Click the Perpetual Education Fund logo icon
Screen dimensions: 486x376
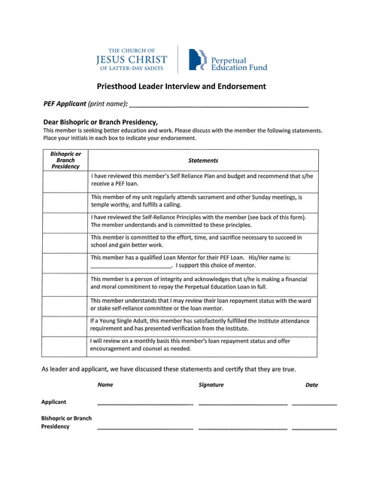click(x=197, y=60)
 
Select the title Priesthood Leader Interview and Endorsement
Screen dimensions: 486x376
click(x=181, y=87)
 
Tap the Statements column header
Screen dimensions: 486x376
click(x=203, y=160)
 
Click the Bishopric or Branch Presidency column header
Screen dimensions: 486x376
click(x=65, y=160)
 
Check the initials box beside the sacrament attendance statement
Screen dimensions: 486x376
click(x=65, y=201)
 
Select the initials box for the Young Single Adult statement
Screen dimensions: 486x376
click(x=65, y=325)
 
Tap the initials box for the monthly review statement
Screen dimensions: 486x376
click(x=65, y=345)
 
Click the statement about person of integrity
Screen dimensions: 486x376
click(x=199, y=283)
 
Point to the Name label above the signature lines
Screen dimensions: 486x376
click(x=105, y=385)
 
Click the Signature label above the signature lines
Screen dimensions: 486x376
click(x=211, y=385)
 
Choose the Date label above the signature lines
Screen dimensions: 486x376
click(x=311, y=385)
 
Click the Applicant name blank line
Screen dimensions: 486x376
click(x=144, y=404)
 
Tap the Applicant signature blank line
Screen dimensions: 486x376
click(x=242, y=404)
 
